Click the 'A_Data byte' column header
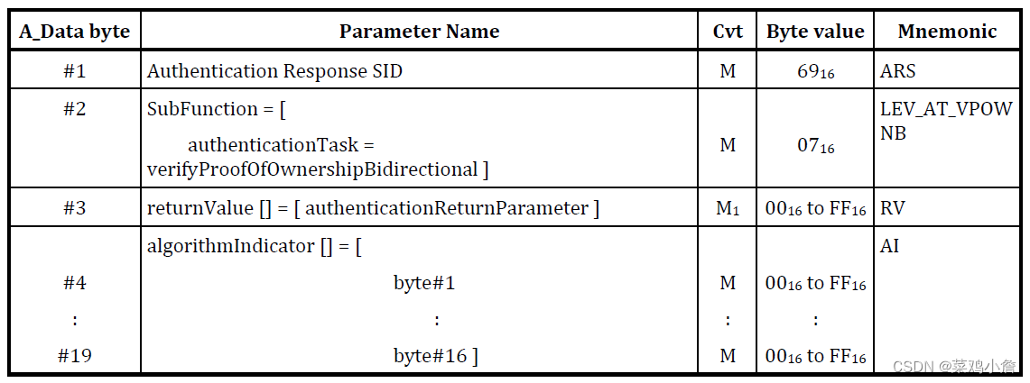pyautogui.click(x=74, y=32)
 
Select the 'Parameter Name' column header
pyautogui.click(x=419, y=32)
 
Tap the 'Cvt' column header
pyautogui.click(x=728, y=32)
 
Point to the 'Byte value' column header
pyautogui.click(x=815, y=32)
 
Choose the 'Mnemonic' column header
pyautogui.click(x=947, y=32)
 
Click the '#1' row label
pyautogui.click(x=74, y=71)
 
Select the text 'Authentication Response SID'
pyautogui.click(x=274, y=71)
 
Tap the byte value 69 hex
pyautogui.click(x=815, y=71)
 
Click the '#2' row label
pyautogui.click(x=74, y=109)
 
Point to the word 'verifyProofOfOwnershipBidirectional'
pyautogui.click(x=312, y=169)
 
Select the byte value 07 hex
pyautogui.click(x=815, y=145)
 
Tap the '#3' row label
pyautogui.click(x=74, y=208)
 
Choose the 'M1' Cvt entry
pyautogui.click(x=728, y=209)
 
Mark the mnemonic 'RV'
pyautogui.click(x=892, y=208)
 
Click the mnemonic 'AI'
pyautogui.click(x=890, y=245)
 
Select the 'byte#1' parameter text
pyautogui.click(x=424, y=283)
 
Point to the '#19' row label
pyautogui.click(x=74, y=356)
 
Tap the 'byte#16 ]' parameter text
pyautogui.click(x=435, y=356)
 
